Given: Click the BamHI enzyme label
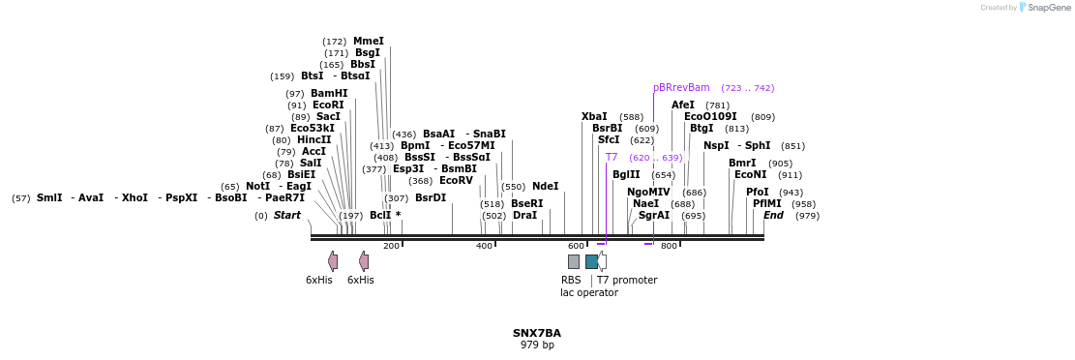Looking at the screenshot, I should coord(329,94).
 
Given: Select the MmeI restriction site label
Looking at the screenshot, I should coord(368,42).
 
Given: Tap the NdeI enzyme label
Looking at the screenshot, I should coord(545,187).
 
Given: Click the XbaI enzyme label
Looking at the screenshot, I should coord(594,117).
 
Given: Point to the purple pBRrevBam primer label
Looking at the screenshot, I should coord(681,88).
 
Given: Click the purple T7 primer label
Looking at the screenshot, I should coord(612,158).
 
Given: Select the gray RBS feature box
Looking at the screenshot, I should coord(574,261).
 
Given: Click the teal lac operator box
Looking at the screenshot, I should coord(591,261).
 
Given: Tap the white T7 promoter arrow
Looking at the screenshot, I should coord(602,261).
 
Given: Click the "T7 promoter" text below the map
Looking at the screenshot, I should coord(626,281).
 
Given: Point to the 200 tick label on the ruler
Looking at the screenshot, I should coord(391,247).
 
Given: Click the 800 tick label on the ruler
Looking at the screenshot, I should coord(669,247).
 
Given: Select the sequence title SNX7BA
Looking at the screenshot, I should coord(537,334).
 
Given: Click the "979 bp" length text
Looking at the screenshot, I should coord(537,345).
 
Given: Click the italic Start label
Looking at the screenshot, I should coord(287,216).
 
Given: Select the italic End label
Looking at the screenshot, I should coord(774,216).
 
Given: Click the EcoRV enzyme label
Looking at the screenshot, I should coord(456,181).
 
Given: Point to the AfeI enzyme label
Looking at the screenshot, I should coord(683,105).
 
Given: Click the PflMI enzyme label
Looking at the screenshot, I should coord(767,204).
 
